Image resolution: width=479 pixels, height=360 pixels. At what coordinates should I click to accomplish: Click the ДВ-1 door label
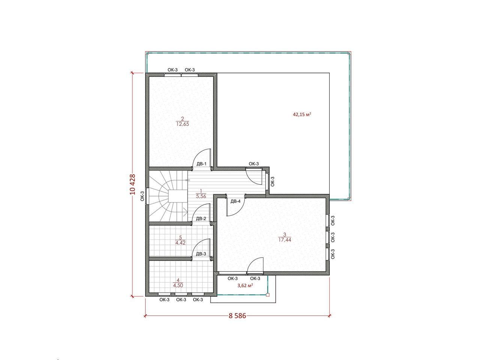(201, 164)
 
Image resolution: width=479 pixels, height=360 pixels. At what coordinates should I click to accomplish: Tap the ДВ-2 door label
(201, 218)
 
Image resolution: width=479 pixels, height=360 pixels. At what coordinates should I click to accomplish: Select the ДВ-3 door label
(201, 254)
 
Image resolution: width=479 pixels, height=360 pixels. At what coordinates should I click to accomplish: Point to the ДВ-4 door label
(236, 201)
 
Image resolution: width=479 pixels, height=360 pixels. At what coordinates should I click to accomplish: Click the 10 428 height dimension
(132, 184)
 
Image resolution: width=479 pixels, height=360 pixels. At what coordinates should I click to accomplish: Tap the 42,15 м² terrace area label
(302, 114)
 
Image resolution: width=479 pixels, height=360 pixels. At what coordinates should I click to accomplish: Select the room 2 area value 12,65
(182, 124)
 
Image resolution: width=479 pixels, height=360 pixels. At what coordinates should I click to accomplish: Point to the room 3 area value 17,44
(285, 240)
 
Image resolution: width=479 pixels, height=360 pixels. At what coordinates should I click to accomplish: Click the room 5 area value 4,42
(180, 243)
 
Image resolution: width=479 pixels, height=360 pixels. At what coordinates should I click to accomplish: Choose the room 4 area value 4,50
(178, 285)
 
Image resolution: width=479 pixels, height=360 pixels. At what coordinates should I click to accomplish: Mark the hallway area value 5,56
(201, 196)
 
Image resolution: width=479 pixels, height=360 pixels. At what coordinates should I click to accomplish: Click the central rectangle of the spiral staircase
(178, 196)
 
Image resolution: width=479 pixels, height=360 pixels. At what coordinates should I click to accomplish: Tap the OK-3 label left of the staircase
(142, 196)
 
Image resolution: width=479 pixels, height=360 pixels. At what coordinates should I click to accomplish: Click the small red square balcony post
(268, 295)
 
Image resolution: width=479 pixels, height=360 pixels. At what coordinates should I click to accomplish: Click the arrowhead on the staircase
(186, 210)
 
